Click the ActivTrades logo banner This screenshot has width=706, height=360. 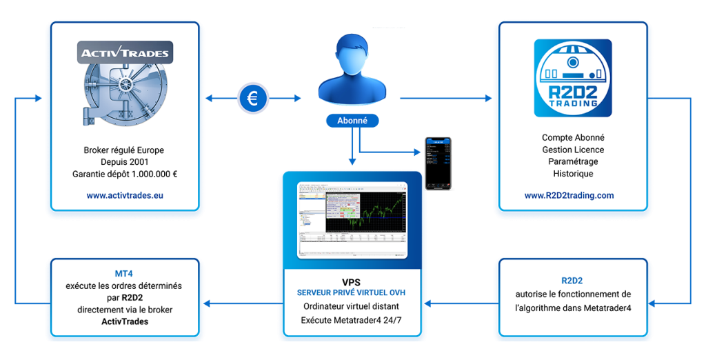tap(124, 53)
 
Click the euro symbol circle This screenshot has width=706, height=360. tap(252, 99)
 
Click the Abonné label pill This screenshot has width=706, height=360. tap(352, 120)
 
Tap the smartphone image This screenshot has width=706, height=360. tap(438, 163)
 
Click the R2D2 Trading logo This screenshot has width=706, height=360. tap(572, 78)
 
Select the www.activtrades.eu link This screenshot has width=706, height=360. tap(125, 195)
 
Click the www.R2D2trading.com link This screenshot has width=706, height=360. tap(569, 195)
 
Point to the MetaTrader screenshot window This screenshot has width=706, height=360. tap(352, 220)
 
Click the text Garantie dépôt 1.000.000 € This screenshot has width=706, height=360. tap(125, 174)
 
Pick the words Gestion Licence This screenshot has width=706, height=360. tap(572, 150)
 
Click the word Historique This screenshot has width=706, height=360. tap(572, 174)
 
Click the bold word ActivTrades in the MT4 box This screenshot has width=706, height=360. tap(125, 321)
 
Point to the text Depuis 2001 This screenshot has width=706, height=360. tap(125, 162)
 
